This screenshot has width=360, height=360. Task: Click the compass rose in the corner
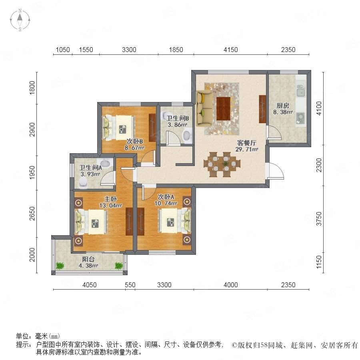point(20,20)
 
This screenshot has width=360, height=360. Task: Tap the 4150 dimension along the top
point(231,50)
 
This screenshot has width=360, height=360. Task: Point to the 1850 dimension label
point(176,50)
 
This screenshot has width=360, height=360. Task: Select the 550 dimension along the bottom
point(130,285)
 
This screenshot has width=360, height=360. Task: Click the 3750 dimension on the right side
point(319,218)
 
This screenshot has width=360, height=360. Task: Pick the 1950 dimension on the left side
point(32,173)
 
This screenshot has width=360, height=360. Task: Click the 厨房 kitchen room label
point(283,106)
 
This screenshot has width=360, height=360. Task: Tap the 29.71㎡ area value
point(247,150)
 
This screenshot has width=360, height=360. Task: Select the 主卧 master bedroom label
point(110,199)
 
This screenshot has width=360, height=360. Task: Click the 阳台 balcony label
point(88,259)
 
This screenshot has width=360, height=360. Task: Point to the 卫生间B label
point(178,118)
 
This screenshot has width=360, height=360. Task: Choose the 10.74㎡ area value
point(166,204)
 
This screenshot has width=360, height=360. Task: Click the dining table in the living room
point(222,164)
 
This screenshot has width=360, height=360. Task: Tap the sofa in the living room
point(204,108)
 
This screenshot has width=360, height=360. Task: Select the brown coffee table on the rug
point(223,108)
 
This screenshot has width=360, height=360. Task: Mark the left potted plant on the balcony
point(60,266)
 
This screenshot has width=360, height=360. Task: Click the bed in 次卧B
point(118,128)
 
